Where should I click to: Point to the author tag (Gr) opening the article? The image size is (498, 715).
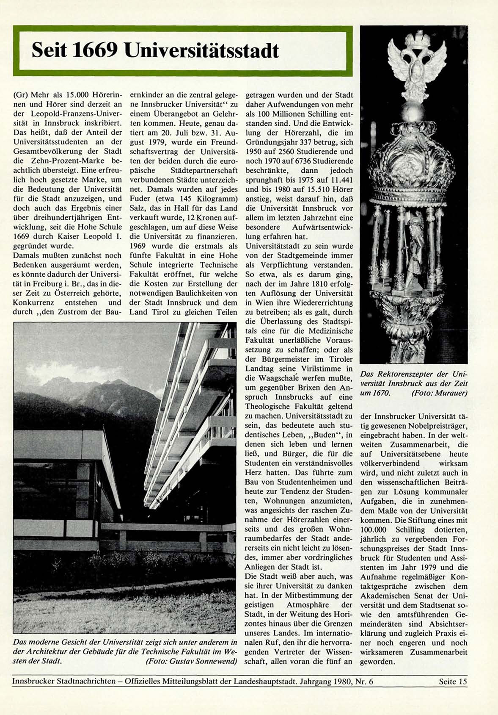[x=20, y=95]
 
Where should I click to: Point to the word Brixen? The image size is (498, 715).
[x=314, y=388]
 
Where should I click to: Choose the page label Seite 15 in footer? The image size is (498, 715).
[x=453, y=682]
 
